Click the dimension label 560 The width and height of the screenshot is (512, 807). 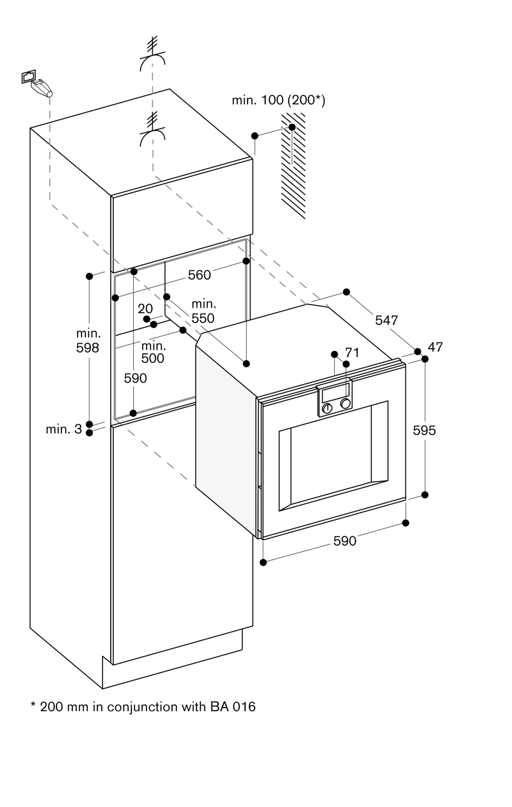pos(199,275)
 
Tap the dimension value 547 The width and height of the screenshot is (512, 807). pos(386,320)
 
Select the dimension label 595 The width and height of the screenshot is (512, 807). pos(424,430)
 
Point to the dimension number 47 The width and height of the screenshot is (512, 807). pos(435,347)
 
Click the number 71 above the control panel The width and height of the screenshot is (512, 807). pos(352,352)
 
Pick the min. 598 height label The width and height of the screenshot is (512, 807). pos(88,341)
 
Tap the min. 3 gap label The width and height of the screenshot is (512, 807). pos(64,429)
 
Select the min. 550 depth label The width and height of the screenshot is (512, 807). pos(203,311)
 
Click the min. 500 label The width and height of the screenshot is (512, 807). pos(153,352)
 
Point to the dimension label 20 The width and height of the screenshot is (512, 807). pos(145,309)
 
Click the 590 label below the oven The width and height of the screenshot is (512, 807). pos(345,541)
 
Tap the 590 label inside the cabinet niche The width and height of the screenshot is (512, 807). pos(135,378)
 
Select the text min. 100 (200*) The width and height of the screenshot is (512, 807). pos(278,100)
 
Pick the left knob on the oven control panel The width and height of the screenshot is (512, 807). pos(327,408)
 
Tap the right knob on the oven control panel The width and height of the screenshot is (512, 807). pos(345,403)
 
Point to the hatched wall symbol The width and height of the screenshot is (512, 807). pos(294,165)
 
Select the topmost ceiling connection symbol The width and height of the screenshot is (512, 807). pos(152,55)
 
